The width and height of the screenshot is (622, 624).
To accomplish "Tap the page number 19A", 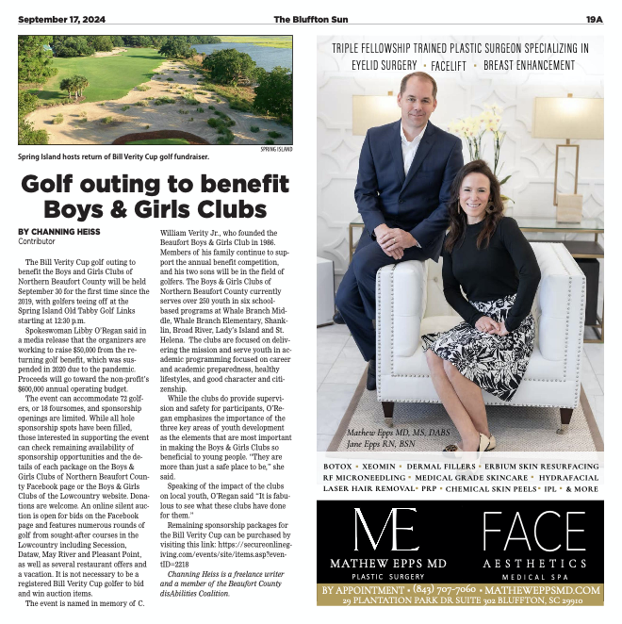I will coord(594,18).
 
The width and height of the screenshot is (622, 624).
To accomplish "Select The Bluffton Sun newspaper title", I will coord(310,18).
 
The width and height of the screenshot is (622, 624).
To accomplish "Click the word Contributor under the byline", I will coord(37,241).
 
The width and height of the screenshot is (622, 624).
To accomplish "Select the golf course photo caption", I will coord(113,156).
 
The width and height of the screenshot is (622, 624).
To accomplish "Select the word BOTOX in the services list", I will coord(337,467).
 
